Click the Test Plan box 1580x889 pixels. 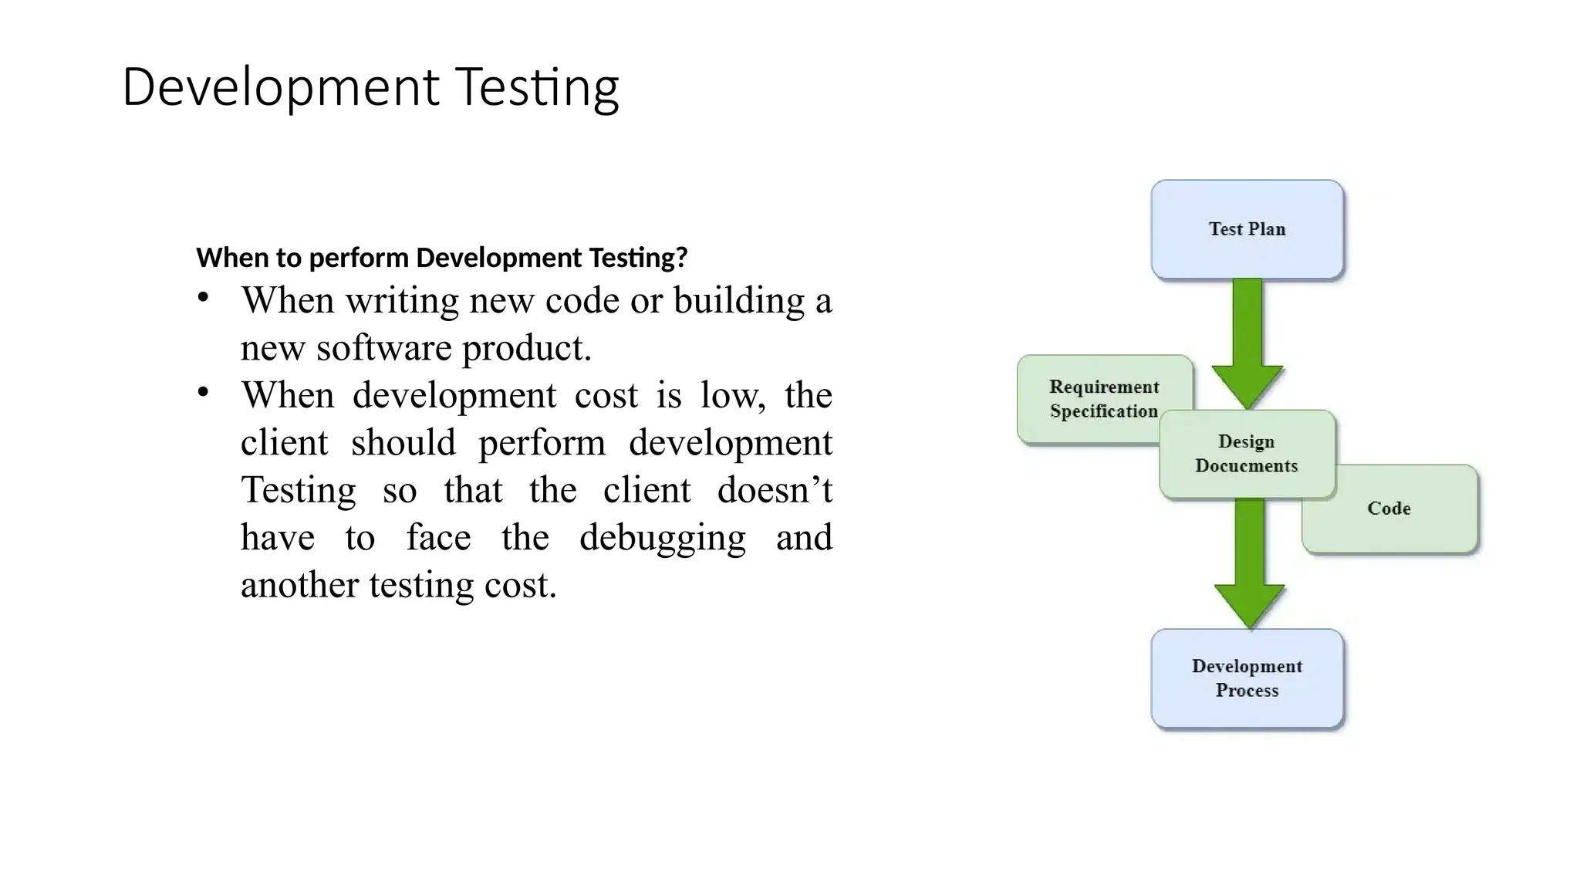pyautogui.click(x=1247, y=229)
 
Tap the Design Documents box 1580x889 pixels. pyautogui.click(x=1247, y=454)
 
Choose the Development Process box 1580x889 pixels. pyautogui.click(x=1247, y=678)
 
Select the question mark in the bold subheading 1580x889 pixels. pyautogui.click(x=680, y=258)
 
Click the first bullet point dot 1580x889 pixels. pyautogui.click(x=203, y=298)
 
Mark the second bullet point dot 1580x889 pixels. pyautogui.click(x=203, y=393)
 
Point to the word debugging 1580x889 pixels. pyautogui.click(x=662, y=538)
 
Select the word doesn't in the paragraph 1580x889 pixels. pyautogui.click(x=774, y=490)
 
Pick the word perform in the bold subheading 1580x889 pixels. pyautogui.click(x=360, y=258)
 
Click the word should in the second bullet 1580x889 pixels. pyautogui.click(x=403, y=443)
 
